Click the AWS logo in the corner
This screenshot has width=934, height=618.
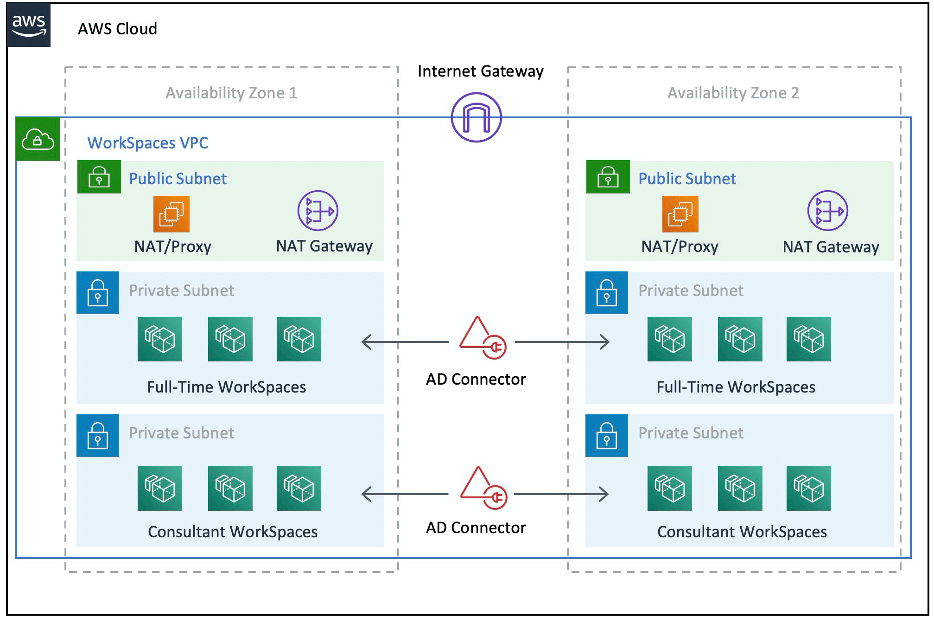pos(29,26)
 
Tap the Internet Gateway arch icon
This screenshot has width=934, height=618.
pos(476,117)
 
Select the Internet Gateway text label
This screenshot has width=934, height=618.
pos(480,71)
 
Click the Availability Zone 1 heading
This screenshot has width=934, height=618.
pos(231,93)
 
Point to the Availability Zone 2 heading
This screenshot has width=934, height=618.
pos(733,93)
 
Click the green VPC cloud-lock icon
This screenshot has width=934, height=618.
pos(38,139)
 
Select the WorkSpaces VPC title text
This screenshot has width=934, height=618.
pos(147,142)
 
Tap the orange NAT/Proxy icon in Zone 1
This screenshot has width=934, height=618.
pos(171,214)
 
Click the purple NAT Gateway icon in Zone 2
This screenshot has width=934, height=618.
pos(827,211)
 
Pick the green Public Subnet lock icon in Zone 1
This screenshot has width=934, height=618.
pos(99,177)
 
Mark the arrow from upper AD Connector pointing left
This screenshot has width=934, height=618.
pos(404,342)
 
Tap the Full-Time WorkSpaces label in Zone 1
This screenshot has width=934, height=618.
pos(226,386)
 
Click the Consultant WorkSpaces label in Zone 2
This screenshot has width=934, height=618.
pos(742,531)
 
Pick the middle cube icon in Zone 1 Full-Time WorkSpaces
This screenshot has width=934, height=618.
pos(230,339)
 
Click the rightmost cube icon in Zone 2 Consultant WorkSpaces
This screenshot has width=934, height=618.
pos(808,488)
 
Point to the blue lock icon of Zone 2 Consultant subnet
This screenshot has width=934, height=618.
pos(606,435)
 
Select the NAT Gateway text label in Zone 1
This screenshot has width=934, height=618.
pos(324,246)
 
